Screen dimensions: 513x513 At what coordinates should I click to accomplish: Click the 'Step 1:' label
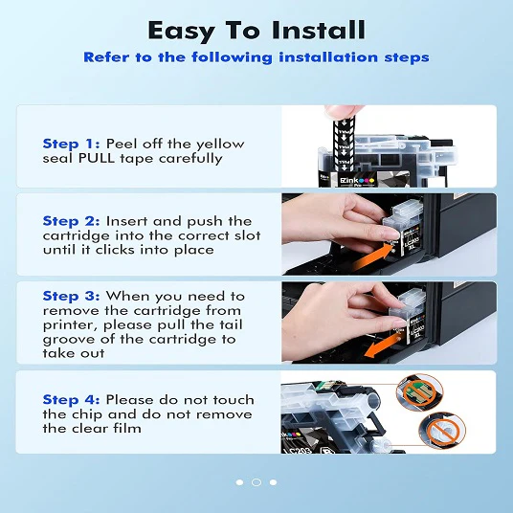click(x=72, y=145)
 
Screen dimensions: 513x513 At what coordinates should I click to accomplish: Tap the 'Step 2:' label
click(x=72, y=221)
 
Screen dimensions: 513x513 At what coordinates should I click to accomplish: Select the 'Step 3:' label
click(x=72, y=297)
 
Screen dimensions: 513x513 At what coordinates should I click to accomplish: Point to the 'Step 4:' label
click(x=72, y=400)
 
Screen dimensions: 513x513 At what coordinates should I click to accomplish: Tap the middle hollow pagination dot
click(x=256, y=482)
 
